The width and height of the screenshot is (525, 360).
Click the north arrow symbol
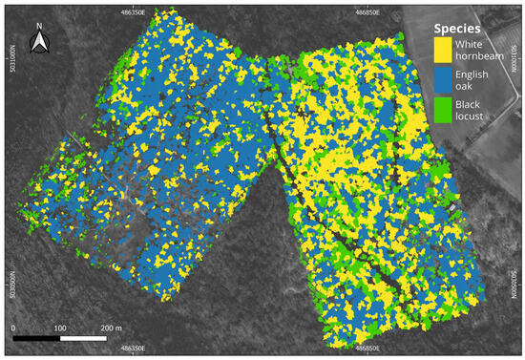coord(40,42)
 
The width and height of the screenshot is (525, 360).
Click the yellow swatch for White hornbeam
coord(442,50)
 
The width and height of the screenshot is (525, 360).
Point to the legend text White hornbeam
coord(480,50)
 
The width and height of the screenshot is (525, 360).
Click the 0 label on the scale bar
coord(14,328)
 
